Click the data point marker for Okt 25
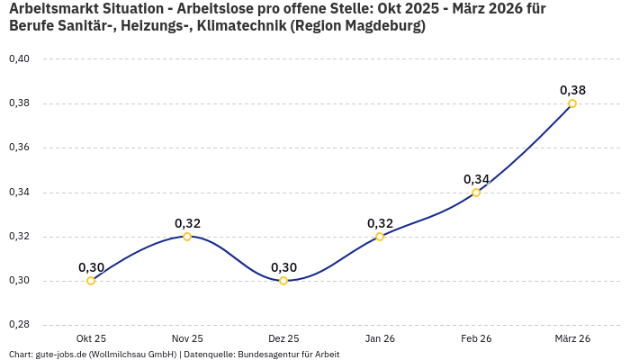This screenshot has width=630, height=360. [91, 281]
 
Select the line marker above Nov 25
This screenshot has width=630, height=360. [187, 237]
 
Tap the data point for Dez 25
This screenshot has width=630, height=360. [283, 281]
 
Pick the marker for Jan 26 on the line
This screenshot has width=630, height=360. [380, 237]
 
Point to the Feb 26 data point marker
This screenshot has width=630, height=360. [476, 193]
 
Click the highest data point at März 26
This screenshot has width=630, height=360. [572, 103]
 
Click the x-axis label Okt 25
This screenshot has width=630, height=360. [91, 338]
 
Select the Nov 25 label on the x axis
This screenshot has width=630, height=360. [187, 338]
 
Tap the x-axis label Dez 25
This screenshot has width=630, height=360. [283, 338]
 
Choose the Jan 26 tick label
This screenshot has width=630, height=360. [380, 338]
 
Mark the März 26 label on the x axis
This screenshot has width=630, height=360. [572, 338]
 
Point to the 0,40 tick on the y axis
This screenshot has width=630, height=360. [19, 59]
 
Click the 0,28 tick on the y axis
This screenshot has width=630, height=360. [19, 325]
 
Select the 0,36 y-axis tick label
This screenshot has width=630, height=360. [19, 148]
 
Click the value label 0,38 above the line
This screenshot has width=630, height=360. [572, 90]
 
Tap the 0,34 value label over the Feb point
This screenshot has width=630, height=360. [476, 179]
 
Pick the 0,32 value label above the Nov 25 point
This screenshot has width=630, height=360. [187, 223]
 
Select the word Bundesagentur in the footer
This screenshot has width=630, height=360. [268, 355]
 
